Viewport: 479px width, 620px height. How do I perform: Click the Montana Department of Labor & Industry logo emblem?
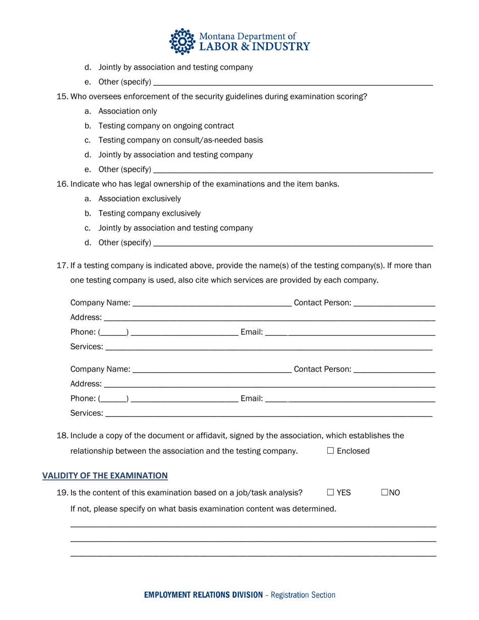click(x=182, y=41)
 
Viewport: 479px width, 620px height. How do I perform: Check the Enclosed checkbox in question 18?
click(x=330, y=451)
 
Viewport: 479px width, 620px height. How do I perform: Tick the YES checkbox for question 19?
click(x=330, y=492)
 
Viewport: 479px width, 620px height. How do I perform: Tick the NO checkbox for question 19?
click(x=385, y=492)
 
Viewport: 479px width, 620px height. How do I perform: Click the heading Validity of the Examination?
click(x=105, y=475)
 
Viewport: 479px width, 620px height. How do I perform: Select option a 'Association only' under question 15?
click(x=128, y=111)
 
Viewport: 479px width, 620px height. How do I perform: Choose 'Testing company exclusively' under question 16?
click(x=149, y=213)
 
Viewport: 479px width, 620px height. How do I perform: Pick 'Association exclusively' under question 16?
click(x=139, y=199)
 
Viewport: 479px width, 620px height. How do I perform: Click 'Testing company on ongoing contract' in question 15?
click(x=166, y=126)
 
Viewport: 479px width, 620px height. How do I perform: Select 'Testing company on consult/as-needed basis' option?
click(x=181, y=140)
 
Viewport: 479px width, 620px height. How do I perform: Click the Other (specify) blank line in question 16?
click(x=292, y=243)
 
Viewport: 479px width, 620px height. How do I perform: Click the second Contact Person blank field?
click(x=394, y=370)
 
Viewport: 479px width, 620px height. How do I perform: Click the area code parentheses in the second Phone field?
click(x=113, y=399)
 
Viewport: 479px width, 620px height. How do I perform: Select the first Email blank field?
click(x=350, y=333)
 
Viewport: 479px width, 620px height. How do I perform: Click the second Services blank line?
click(x=269, y=414)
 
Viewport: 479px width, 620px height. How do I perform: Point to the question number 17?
click(x=62, y=265)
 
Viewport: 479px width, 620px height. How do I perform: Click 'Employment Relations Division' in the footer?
click(x=203, y=595)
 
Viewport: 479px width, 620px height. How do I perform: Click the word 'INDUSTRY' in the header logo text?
click(x=280, y=47)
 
